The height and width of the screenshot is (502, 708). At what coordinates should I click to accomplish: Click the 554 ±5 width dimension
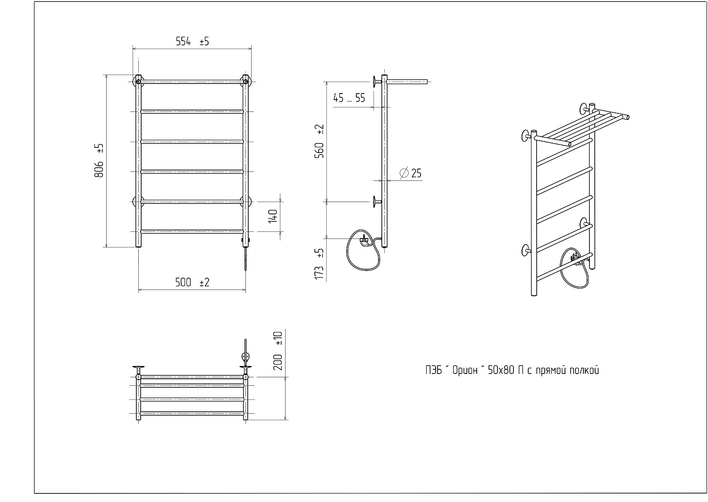pyautogui.click(x=192, y=42)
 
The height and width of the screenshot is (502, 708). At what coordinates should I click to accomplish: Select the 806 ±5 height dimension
pyautogui.click(x=99, y=161)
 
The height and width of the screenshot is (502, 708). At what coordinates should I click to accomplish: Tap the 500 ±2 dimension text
pyautogui.click(x=192, y=282)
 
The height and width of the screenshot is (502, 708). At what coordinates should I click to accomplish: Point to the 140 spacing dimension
pyautogui.click(x=273, y=216)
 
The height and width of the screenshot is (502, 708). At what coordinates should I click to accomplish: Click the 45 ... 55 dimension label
pyautogui.click(x=349, y=98)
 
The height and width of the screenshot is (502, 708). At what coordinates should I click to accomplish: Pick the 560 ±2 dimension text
pyautogui.click(x=320, y=141)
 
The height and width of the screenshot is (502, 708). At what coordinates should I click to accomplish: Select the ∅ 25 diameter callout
pyautogui.click(x=411, y=173)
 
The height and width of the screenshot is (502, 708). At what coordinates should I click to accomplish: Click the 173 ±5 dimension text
pyautogui.click(x=320, y=264)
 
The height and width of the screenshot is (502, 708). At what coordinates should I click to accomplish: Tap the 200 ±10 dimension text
pyautogui.click(x=278, y=351)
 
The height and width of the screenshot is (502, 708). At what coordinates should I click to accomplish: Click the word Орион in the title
pyautogui.click(x=464, y=370)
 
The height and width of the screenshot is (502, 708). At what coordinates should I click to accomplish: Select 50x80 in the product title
pyautogui.click(x=501, y=370)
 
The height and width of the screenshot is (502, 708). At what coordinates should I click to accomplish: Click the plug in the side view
pyautogui.click(x=364, y=241)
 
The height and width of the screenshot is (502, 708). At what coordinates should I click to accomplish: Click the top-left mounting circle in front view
pyautogui.click(x=138, y=82)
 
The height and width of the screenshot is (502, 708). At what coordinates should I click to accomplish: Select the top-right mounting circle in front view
pyautogui.click(x=245, y=82)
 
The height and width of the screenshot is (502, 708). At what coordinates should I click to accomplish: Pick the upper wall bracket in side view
pyautogui.click(x=377, y=82)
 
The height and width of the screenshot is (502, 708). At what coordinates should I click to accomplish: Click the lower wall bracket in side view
pyautogui.click(x=377, y=202)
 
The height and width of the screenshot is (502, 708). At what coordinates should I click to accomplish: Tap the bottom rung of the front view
pyautogui.click(x=192, y=232)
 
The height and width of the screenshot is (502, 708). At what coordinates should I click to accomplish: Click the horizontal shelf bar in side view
pyautogui.click(x=407, y=82)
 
